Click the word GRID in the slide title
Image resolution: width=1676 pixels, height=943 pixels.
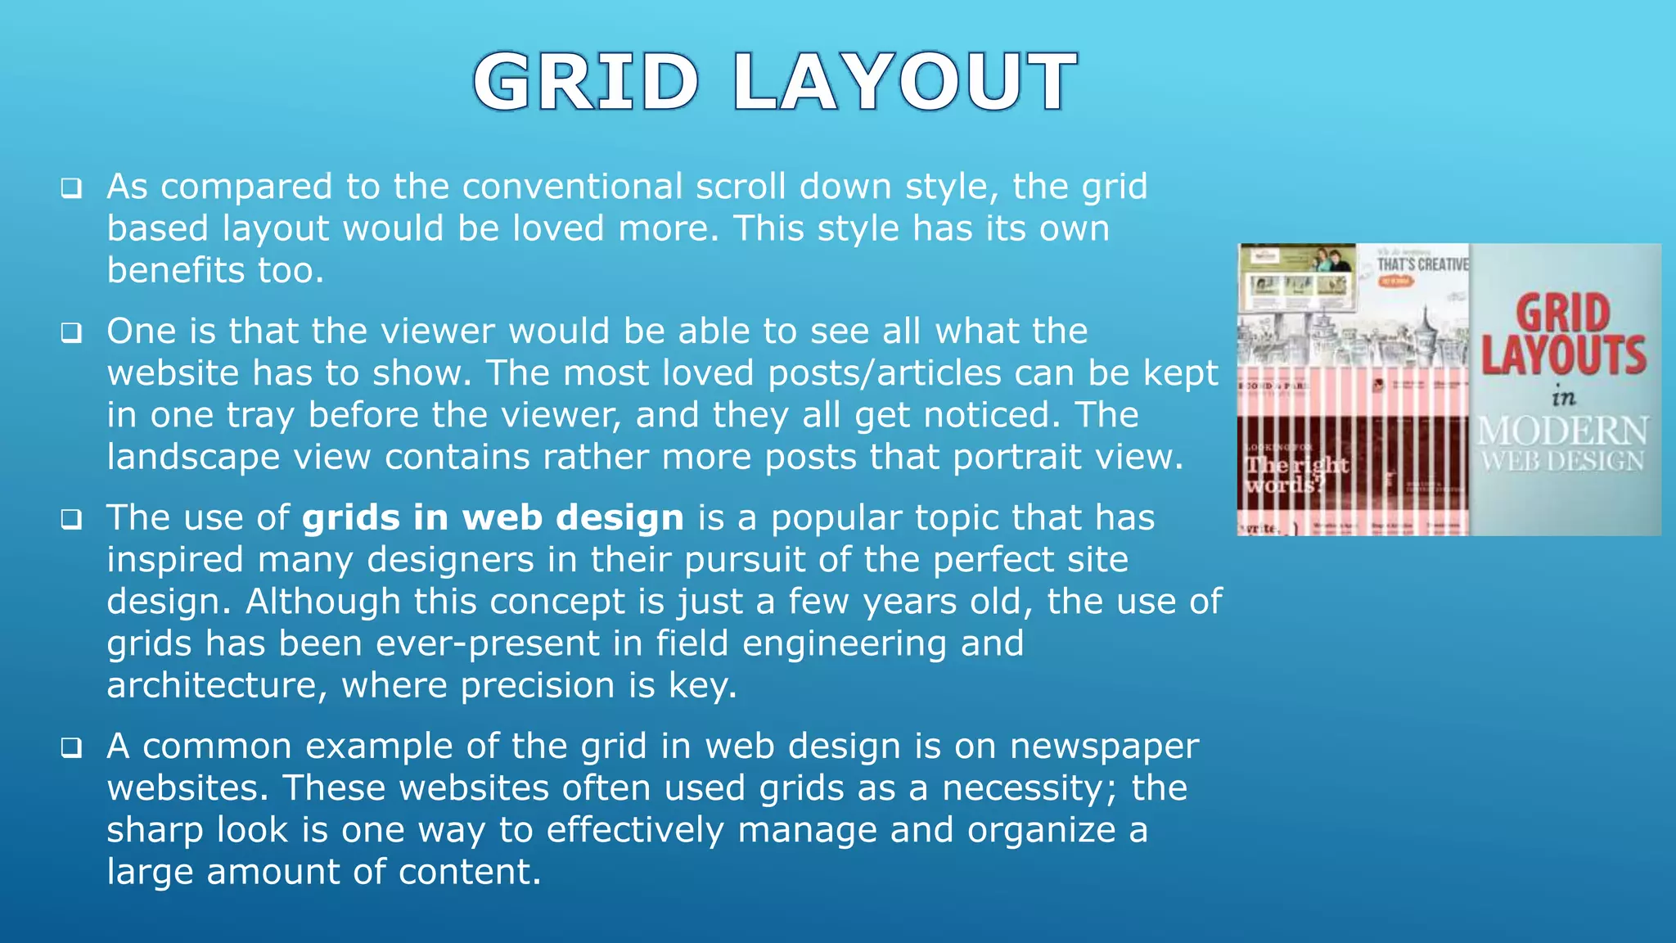tap(586, 82)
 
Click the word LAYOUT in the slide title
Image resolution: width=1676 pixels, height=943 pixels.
tap(904, 82)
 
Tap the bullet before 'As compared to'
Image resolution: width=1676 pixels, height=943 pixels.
tap(71, 189)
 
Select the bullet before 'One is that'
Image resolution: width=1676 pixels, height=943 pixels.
tap(71, 333)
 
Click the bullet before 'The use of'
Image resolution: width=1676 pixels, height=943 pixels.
tap(71, 520)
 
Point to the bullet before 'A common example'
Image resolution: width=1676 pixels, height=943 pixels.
tap(71, 748)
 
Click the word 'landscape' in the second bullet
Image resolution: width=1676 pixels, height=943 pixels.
tap(193, 457)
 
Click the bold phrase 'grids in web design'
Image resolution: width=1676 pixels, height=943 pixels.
tap(493, 518)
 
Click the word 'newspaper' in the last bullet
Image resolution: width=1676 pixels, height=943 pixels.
tap(1104, 747)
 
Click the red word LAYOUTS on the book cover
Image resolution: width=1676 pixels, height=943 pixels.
tap(1563, 355)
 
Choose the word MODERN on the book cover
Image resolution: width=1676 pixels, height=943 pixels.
tap(1563, 431)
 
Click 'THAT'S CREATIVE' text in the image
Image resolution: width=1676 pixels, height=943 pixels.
tap(1422, 264)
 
